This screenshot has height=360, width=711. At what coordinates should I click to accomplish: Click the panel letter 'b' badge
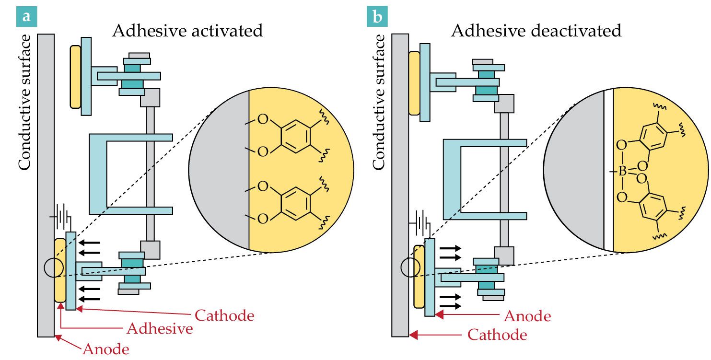pos(377,17)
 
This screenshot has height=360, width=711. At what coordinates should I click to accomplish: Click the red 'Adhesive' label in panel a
pos(160,329)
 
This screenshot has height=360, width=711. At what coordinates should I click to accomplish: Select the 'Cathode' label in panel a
pos(224,316)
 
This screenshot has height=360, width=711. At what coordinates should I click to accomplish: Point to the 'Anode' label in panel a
pos(106,349)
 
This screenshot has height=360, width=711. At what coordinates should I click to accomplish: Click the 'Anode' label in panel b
pos(527,316)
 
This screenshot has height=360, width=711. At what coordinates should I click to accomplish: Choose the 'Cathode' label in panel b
pos(497,335)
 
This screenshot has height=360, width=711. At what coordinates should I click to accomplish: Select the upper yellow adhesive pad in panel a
pos(75,76)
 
